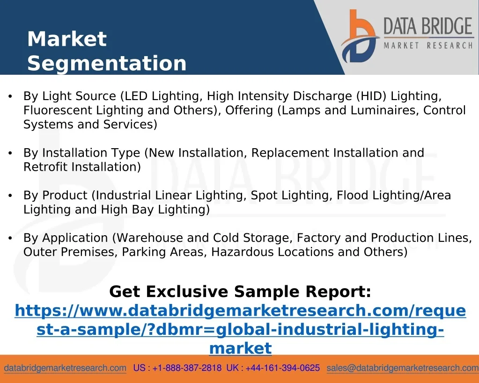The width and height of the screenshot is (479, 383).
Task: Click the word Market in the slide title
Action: click(x=67, y=39)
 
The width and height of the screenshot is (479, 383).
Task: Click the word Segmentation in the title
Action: click(x=107, y=64)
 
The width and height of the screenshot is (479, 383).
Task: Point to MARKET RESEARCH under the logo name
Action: click(x=428, y=46)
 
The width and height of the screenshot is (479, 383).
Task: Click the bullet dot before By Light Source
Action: click(x=10, y=96)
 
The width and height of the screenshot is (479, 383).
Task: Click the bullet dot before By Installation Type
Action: click(x=10, y=153)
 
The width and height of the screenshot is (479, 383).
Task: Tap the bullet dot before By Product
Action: click(x=10, y=195)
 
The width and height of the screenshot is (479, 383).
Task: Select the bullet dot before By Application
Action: click(x=10, y=238)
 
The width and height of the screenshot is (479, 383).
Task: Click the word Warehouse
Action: click(x=149, y=238)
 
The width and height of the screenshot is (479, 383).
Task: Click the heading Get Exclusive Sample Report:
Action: click(x=240, y=291)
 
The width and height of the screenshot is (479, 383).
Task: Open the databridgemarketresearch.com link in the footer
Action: click(x=65, y=368)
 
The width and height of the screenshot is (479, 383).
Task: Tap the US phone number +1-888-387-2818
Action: click(x=187, y=368)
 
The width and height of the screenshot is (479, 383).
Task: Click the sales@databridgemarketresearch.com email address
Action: click(x=403, y=368)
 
